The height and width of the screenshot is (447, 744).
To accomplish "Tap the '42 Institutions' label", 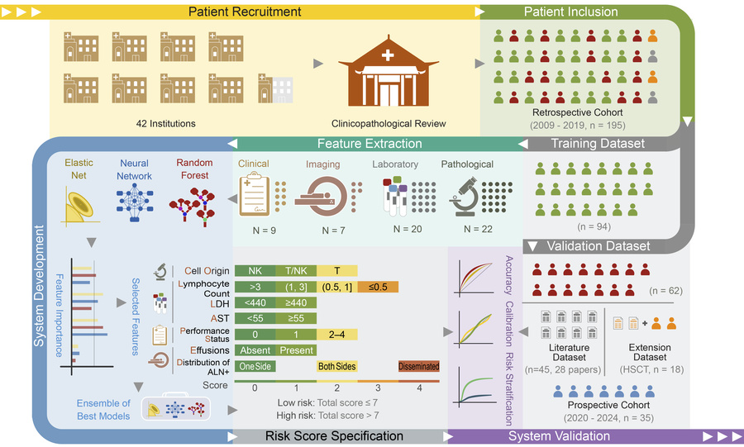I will (166, 124).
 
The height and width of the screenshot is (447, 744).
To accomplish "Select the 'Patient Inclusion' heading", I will (570, 12).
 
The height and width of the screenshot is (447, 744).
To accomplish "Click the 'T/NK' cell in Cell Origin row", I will (296, 271).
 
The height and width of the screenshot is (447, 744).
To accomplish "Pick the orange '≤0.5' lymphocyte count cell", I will (378, 287).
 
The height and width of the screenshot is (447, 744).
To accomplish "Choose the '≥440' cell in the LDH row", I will (296, 302).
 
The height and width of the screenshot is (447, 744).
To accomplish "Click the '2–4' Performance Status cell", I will (336, 335).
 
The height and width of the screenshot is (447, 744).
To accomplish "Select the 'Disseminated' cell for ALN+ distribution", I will (418, 366).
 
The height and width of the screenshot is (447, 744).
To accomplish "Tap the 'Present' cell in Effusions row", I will (296, 350).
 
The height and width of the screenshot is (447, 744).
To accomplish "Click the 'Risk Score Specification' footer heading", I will (334, 435).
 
